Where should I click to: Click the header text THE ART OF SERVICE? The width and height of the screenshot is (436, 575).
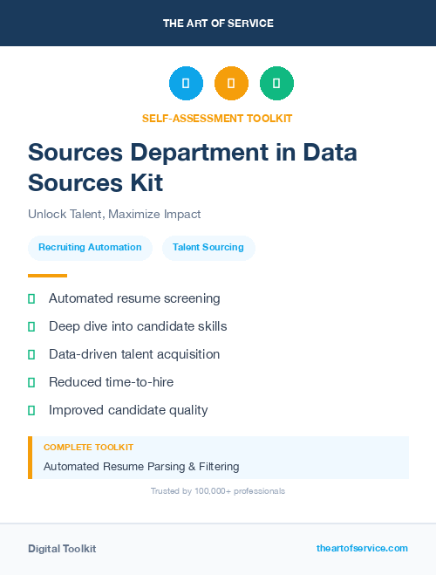click(x=218, y=24)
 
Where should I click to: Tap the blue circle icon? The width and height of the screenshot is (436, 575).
click(x=186, y=83)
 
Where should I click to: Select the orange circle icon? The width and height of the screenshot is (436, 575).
click(x=231, y=83)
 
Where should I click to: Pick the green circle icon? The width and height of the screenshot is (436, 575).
click(x=276, y=83)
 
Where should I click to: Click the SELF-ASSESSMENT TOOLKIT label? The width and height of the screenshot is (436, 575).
click(x=218, y=118)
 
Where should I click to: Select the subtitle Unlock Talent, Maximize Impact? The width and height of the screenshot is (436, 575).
click(x=114, y=214)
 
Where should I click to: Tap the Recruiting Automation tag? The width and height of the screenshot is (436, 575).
click(x=90, y=247)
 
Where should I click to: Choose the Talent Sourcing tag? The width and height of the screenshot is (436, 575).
click(x=208, y=247)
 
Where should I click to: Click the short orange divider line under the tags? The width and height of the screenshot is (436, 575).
click(x=47, y=276)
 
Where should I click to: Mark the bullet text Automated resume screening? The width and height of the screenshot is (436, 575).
click(x=134, y=298)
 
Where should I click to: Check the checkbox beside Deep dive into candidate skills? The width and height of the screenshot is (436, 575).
click(x=31, y=326)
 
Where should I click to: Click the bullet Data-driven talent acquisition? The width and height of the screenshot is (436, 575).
click(x=134, y=354)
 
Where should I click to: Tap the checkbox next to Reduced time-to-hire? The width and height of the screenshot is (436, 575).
click(x=31, y=382)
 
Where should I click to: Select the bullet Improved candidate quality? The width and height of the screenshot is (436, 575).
click(x=128, y=410)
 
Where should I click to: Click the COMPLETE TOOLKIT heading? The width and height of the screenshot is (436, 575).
click(x=88, y=447)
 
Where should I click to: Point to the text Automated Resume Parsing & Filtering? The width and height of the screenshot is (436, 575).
click(x=141, y=467)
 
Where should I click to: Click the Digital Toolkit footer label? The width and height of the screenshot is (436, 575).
click(x=62, y=549)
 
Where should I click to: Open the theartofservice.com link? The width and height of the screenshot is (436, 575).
click(x=362, y=548)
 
